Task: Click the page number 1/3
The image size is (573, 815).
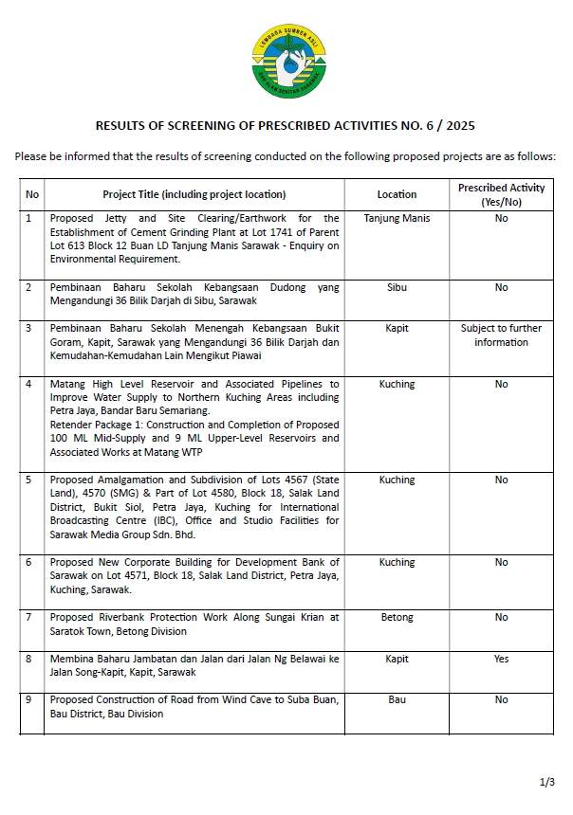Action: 547,783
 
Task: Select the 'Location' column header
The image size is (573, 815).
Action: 397,194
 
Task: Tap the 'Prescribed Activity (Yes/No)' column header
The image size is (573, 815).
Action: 501,194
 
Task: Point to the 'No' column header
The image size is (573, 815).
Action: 32,194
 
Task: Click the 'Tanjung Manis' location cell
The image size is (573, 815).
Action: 397,218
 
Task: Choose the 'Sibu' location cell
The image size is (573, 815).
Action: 397,287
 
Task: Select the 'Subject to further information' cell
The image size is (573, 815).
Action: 501,335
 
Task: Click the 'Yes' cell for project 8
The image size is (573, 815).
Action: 501,659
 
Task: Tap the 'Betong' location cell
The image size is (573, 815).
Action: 397,618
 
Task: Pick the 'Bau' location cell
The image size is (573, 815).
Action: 397,700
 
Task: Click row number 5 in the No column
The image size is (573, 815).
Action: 28,480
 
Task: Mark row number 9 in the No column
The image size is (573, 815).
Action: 28,700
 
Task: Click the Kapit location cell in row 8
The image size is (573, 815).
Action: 397,659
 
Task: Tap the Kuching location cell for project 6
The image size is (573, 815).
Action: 397,563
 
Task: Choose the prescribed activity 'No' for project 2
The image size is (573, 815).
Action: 501,287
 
